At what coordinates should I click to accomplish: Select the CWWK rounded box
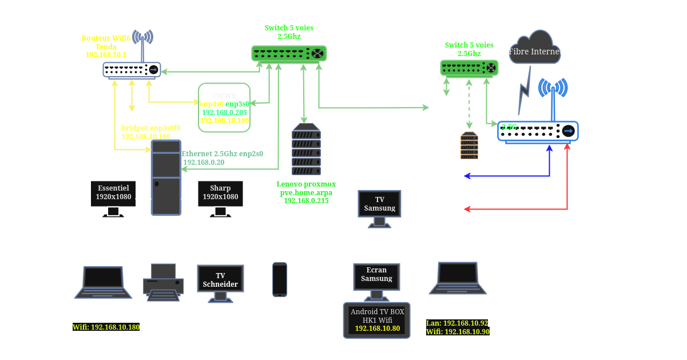tap(224, 108)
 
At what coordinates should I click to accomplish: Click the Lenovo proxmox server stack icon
tap(306, 149)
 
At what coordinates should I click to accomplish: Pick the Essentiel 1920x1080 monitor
tap(113, 195)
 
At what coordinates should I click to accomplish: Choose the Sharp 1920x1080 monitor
tap(220, 195)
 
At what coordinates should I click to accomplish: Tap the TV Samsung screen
tap(379, 207)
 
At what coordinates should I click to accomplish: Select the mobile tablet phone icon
tap(280, 279)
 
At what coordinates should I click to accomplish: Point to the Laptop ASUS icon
tap(103, 281)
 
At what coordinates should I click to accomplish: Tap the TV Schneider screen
tap(220, 280)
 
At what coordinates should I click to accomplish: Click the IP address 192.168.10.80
tap(376, 329)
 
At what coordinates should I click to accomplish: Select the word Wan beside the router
tap(180, 67)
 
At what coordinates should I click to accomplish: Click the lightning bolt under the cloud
tap(523, 92)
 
